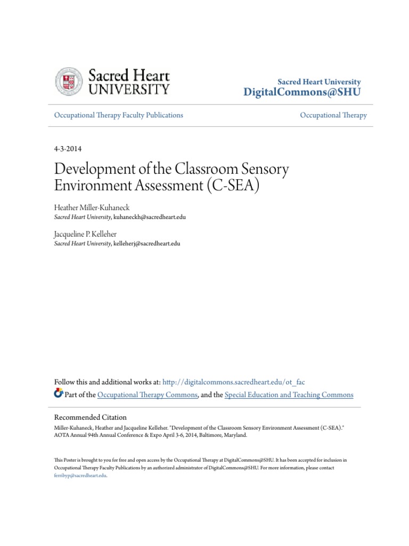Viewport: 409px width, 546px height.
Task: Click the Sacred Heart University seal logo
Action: coord(69,82)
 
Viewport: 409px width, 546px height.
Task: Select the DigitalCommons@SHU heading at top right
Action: coord(301,92)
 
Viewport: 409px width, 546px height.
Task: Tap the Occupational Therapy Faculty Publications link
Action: coord(119,115)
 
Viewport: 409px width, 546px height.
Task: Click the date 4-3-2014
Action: coord(68,149)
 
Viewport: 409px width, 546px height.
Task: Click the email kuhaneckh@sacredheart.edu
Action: coord(150,218)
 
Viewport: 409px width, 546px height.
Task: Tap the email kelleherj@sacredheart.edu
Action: coord(147,243)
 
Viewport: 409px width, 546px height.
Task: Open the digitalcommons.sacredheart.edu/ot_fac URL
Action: coord(233,382)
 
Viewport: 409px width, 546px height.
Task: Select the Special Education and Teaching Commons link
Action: coord(289,395)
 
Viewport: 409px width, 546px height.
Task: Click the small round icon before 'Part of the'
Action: coord(59,394)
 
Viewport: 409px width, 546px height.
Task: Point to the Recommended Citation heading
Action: coord(91,417)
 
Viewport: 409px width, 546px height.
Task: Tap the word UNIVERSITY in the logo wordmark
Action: coord(129,89)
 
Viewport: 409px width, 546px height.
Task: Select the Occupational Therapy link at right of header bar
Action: coord(333,115)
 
